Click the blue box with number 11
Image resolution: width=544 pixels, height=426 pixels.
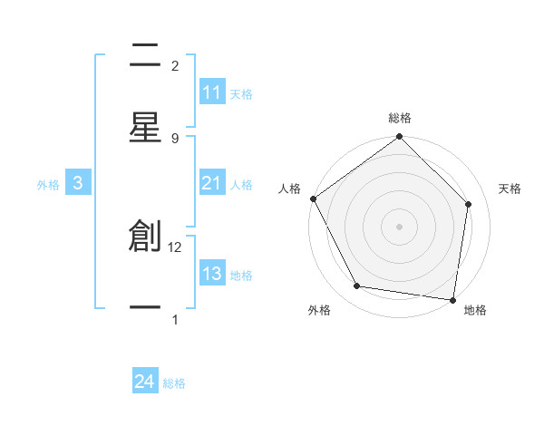[x=212, y=92]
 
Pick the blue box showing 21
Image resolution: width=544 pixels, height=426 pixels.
[x=212, y=184]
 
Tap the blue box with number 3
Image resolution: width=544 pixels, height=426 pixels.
[x=78, y=184]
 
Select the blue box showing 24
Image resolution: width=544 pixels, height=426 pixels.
[x=145, y=382]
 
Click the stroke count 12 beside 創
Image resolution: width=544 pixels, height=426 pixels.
[x=176, y=247]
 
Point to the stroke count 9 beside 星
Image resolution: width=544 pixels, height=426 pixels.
[x=175, y=138]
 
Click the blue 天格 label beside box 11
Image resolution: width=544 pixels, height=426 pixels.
[x=241, y=93]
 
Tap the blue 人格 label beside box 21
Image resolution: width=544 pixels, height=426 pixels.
[x=241, y=185]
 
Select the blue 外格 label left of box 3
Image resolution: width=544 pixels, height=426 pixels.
[x=48, y=185]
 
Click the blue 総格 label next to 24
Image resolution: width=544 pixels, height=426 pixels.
[x=174, y=383]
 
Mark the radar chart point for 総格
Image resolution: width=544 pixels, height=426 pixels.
[x=399, y=138]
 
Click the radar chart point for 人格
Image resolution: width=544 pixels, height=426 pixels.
[x=314, y=198]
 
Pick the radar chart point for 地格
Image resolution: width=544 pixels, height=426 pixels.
[x=452, y=299]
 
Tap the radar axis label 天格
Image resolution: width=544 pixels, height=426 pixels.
[x=510, y=189]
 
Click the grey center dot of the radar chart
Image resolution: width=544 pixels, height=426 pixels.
[x=399, y=226]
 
